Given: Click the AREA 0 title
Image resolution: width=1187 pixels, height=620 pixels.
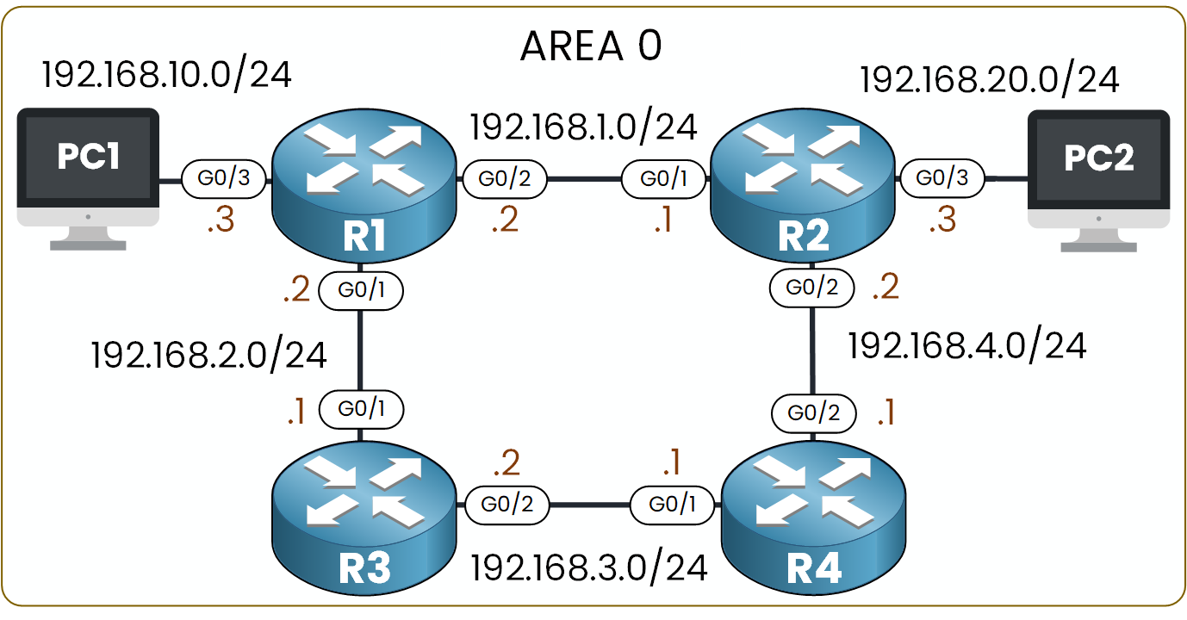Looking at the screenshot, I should [591, 48].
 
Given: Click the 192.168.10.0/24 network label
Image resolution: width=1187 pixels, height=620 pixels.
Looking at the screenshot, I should [166, 75].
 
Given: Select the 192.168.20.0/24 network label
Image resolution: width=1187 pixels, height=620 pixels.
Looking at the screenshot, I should [990, 80].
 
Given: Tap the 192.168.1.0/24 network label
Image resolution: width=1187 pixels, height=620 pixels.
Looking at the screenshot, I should [583, 127].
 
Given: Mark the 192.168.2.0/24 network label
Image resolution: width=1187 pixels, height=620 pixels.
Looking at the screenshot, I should [209, 354].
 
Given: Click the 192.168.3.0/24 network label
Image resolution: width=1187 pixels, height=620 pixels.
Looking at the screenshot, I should [589, 567].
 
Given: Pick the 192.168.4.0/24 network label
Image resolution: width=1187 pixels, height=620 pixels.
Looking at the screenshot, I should [966, 345].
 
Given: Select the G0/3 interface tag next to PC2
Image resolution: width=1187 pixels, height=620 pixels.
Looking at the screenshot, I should [942, 179].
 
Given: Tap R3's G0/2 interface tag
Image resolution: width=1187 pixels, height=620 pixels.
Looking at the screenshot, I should [507, 505].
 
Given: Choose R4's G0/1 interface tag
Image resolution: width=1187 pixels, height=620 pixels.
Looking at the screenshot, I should [673, 505].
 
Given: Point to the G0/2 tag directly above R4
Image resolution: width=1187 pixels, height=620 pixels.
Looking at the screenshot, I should [814, 413].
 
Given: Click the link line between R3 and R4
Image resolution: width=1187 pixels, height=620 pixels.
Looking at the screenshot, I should [590, 505].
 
